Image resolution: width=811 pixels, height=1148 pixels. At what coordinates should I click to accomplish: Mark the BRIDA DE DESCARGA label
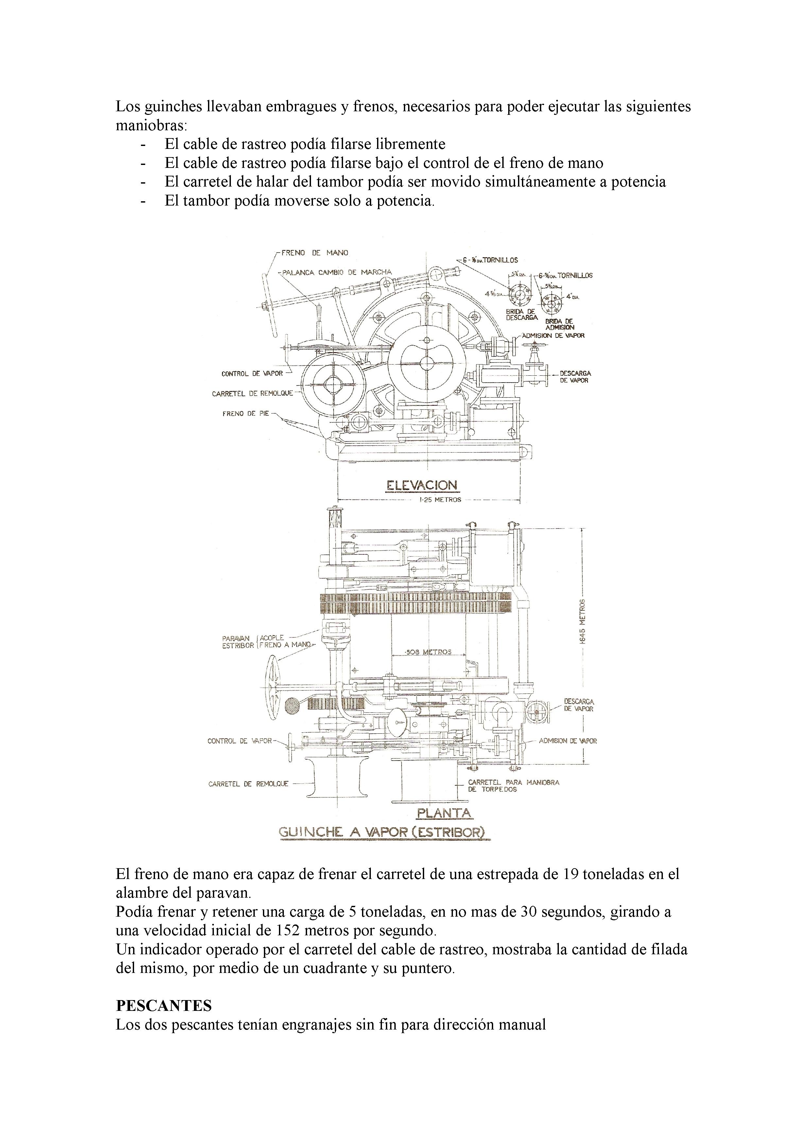pyautogui.click(x=521, y=314)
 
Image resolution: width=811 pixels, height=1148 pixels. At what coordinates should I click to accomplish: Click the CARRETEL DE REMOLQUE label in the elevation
pyautogui.click(x=252, y=393)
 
